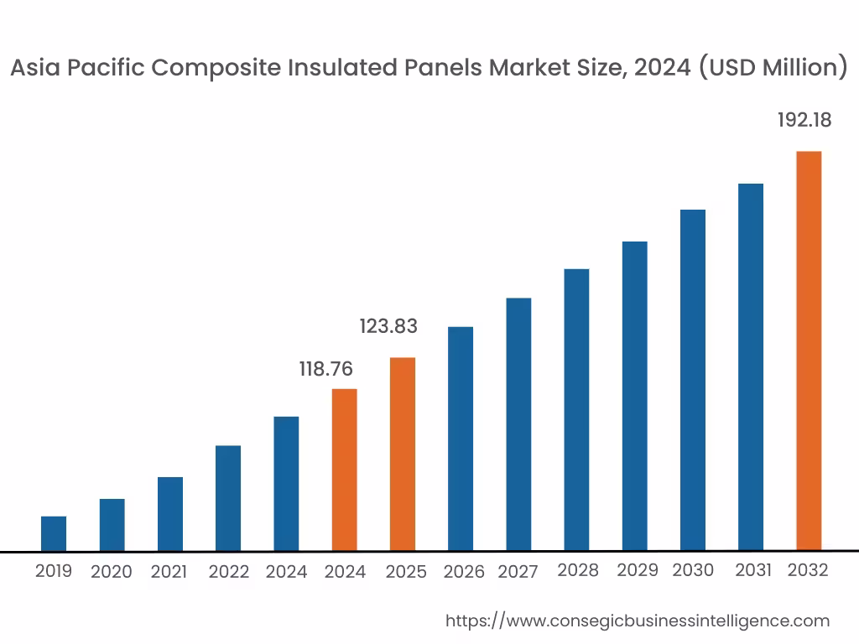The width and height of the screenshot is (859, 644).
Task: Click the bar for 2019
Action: pyautogui.click(x=54, y=533)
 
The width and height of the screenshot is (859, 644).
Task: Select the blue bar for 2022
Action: pyautogui.click(x=228, y=498)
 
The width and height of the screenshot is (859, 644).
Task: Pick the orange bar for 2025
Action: pyautogui.click(x=403, y=454)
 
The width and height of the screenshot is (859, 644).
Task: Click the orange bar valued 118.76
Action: pyautogui.click(x=345, y=470)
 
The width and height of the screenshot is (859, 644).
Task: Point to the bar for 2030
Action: pyautogui.click(x=693, y=380)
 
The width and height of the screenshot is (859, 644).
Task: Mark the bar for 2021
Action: pyautogui.click(x=170, y=514)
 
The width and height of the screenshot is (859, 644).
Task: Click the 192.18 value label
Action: pyautogui.click(x=804, y=121)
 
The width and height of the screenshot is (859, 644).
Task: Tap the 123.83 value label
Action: pyautogui.click(x=388, y=327)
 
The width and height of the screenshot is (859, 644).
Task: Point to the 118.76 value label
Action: pyautogui.click(x=326, y=369)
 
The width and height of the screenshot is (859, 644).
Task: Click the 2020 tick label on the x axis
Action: pyautogui.click(x=112, y=573)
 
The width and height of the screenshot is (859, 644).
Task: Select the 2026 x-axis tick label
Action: pyautogui.click(x=464, y=573)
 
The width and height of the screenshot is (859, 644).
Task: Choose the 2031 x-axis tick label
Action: pyautogui.click(x=753, y=571)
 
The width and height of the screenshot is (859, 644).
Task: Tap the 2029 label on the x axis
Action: pyautogui.click(x=638, y=571)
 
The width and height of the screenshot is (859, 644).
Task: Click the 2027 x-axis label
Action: pyautogui.click(x=518, y=573)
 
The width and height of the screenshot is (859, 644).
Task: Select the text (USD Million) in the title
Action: pyautogui.click(x=773, y=69)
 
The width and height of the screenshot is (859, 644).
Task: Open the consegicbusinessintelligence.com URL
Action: pyautogui.click(x=637, y=621)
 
